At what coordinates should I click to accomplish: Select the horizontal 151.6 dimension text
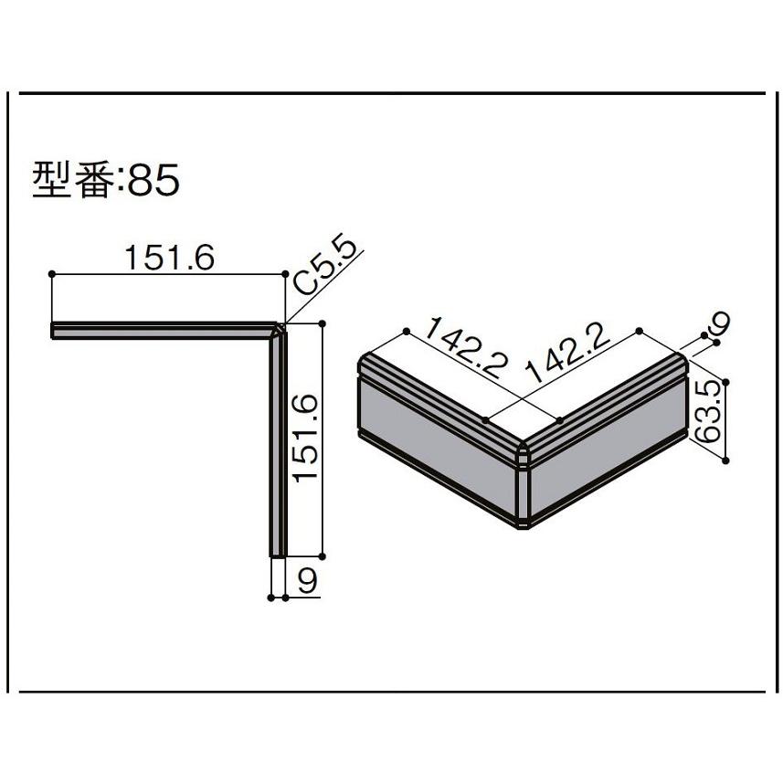tap(168, 259)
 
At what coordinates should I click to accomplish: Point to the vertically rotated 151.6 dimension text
tap(305, 438)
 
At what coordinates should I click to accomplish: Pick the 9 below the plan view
tap(308, 580)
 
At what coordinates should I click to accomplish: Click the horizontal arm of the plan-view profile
tap(164, 330)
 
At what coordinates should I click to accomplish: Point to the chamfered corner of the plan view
tap(280, 327)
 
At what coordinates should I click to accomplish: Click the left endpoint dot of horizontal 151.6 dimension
tap(53, 274)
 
